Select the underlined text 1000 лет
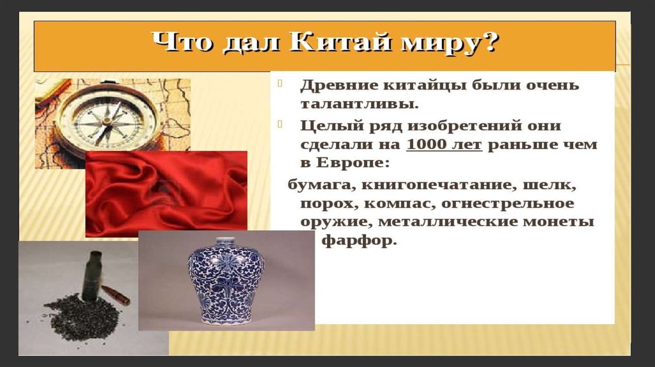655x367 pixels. pos(444,144)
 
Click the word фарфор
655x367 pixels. pos(358,241)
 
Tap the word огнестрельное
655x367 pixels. pos(507,204)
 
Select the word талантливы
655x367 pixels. pos(359,104)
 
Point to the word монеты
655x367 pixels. pos(558,222)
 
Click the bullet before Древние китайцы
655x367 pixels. pos(280,84)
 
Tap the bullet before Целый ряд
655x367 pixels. pos(280,124)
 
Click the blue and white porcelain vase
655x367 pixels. pos(226,281)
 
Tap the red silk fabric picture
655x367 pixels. pos(166,194)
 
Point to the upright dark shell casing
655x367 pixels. pos(92,276)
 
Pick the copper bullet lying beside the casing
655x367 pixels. pos(116,295)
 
